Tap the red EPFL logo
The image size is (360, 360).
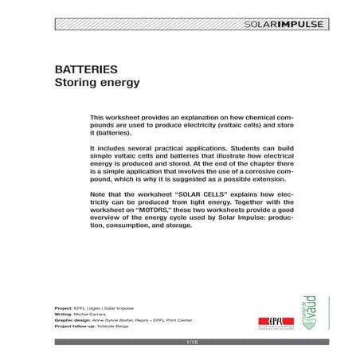[268, 317]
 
